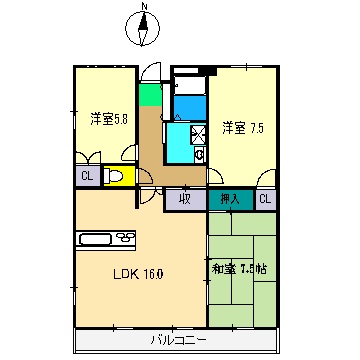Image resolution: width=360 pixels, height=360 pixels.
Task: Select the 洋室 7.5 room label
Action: [x=244, y=127]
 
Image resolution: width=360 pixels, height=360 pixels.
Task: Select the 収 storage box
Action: [x=185, y=199]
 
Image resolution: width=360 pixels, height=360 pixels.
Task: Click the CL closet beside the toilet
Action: [x=86, y=177]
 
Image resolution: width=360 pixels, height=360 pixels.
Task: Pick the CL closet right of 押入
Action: [x=265, y=199]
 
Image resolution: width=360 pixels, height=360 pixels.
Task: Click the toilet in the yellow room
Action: [x=116, y=177]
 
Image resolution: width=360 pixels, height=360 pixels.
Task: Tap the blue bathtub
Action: [x=189, y=103]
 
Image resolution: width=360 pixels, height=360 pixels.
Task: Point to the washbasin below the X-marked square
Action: [x=199, y=154]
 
